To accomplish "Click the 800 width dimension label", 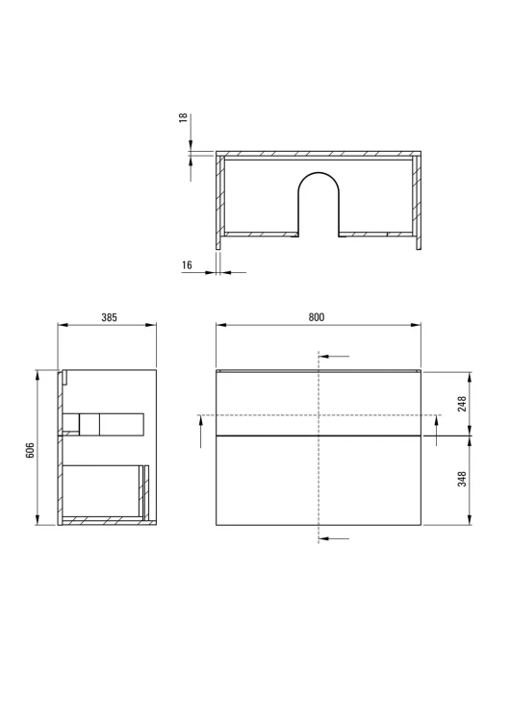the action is (317, 317).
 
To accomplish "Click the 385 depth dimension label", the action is (109, 317).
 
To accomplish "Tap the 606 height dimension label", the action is (29, 450).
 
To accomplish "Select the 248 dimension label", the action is (462, 404).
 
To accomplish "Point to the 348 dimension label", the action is (462, 479).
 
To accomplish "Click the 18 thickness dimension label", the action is (183, 117).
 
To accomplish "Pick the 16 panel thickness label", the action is (187, 265).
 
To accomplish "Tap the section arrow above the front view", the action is (334, 357).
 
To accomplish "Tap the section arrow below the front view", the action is (334, 538).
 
